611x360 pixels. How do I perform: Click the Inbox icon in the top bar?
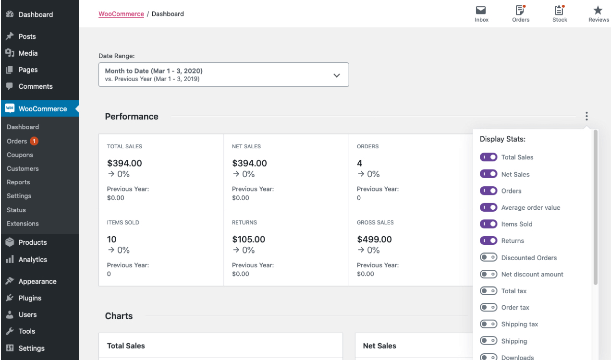click(481, 11)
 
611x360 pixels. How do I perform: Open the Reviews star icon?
click(598, 11)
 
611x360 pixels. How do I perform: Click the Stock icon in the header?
click(559, 11)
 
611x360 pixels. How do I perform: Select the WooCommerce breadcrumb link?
click(121, 14)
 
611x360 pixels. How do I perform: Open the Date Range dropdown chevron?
click(337, 75)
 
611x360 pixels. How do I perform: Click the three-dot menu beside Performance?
click(587, 116)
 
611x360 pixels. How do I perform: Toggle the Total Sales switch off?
click(489, 157)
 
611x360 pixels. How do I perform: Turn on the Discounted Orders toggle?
click(489, 258)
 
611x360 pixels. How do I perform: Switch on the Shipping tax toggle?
click(489, 324)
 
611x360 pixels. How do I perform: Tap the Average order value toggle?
click(489, 207)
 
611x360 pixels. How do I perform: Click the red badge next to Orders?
click(34, 141)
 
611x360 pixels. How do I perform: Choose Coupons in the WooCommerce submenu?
click(20, 155)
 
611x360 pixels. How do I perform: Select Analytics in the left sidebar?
click(33, 260)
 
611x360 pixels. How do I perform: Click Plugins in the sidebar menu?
click(30, 298)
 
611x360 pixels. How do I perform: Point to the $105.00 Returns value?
click(248, 239)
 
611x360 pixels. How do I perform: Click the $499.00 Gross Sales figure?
click(374, 239)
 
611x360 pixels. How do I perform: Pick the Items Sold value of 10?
click(111, 239)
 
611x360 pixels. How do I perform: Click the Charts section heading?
click(119, 316)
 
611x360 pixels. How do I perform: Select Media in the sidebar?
click(28, 53)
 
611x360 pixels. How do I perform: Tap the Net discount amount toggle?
click(489, 274)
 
